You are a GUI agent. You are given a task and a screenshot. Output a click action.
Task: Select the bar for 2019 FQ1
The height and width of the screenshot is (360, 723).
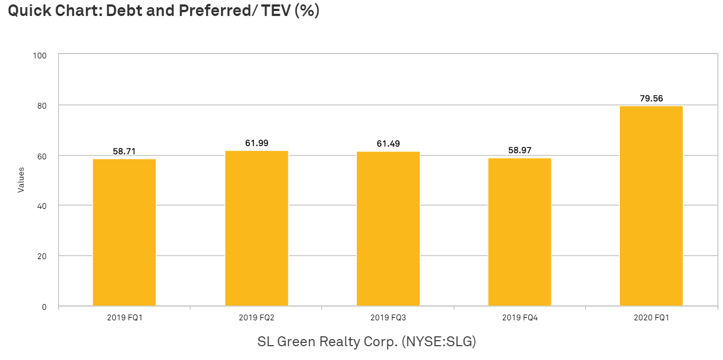tap(124, 232)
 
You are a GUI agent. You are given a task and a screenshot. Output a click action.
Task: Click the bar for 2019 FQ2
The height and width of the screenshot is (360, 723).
tap(256, 228)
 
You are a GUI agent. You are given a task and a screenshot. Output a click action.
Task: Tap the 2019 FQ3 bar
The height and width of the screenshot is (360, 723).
tap(388, 229)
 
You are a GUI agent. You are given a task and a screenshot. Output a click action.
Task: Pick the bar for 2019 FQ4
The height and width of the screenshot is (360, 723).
tap(520, 232)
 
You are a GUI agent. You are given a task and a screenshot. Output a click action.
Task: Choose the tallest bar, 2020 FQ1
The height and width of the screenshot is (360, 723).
tap(651, 206)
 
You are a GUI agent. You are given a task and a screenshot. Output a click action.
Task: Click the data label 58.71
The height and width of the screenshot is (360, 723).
tap(124, 151)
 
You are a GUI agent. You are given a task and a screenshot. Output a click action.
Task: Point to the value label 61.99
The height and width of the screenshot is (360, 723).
tap(256, 143)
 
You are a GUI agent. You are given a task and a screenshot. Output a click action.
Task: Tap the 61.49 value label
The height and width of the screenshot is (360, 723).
tap(388, 143)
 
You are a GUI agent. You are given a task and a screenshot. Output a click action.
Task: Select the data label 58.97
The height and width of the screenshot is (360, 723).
tap(520, 150)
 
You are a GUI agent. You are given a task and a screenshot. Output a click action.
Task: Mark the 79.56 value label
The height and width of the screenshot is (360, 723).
tap(651, 98)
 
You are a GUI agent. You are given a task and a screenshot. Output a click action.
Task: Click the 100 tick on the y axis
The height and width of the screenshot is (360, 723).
tap(40, 56)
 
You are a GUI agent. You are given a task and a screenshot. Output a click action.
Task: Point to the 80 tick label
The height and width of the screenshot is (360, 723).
tap(42, 106)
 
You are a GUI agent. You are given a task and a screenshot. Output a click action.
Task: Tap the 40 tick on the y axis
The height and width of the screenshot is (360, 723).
tap(42, 206)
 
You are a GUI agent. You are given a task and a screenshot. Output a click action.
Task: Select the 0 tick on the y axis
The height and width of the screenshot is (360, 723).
tap(44, 307)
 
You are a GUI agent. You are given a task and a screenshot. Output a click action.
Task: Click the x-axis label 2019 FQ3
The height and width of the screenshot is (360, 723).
tap(388, 318)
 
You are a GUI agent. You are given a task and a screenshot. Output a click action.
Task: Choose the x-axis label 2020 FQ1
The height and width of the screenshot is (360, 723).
tap(651, 318)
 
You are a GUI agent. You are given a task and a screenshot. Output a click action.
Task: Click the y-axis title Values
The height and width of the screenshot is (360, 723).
tap(21, 180)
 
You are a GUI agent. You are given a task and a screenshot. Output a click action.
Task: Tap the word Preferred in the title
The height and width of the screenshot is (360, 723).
tap(214, 10)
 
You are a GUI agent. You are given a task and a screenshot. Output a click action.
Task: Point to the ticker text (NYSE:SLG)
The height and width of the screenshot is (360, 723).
tap(439, 341)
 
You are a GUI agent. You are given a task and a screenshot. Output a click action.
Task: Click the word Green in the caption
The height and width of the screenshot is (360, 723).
tap(296, 341)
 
